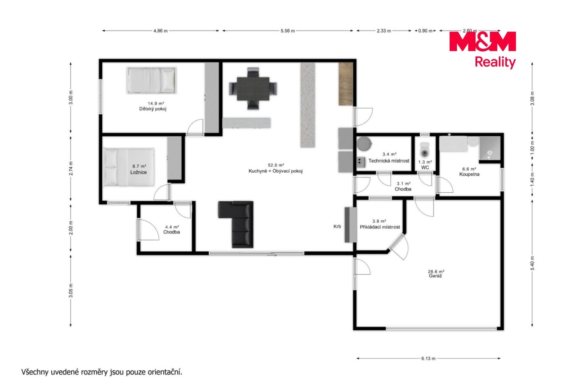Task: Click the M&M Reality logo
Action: [x=482, y=50]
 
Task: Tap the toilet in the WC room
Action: [x=425, y=150]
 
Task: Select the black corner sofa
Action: [x=236, y=224]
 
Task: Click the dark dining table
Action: [x=253, y=88]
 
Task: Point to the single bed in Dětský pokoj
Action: [x=151, y=80]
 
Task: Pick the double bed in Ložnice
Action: [x=129, y=167]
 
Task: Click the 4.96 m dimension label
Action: [x=161, y=31]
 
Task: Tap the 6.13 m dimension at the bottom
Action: [x=428, y=358]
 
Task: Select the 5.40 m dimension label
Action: [x=532, y=263]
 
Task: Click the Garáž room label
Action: [x=435, y=276]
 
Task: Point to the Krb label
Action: [x=337, y=227]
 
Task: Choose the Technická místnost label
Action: [x=389, y=161]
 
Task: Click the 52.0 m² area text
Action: [x=276, y=165]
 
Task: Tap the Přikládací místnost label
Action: [x=380, y=227]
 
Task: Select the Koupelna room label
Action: [x=469, y=174]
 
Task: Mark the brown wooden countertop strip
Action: [x=346, y=84]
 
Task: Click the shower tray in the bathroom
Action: [x=490, y=148]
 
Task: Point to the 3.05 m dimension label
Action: [x=71, y=290]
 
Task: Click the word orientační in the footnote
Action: [x=165, y=372]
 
